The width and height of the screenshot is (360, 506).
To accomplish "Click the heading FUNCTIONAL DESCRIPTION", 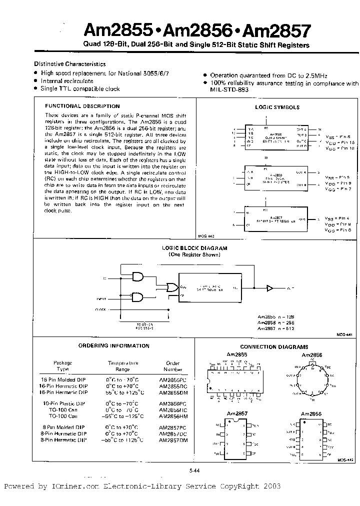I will click(x=82, y=106).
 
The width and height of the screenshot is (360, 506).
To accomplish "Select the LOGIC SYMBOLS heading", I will click(x=277, y=107).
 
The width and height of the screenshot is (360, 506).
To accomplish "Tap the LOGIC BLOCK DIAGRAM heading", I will click(x=195, y=248).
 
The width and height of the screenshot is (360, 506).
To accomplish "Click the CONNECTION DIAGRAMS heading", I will click(x=274, y=347).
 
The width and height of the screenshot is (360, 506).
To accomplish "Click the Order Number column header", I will click(x=173, y=366).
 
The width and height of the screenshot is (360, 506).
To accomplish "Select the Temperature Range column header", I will click(x=123, y=366).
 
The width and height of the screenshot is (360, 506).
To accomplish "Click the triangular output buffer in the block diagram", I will click(x=270, y=288).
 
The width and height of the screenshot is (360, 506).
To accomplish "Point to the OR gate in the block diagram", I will click(x=171, y=287).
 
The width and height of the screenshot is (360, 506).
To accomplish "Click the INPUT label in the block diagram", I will click(x=101, y=299).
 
